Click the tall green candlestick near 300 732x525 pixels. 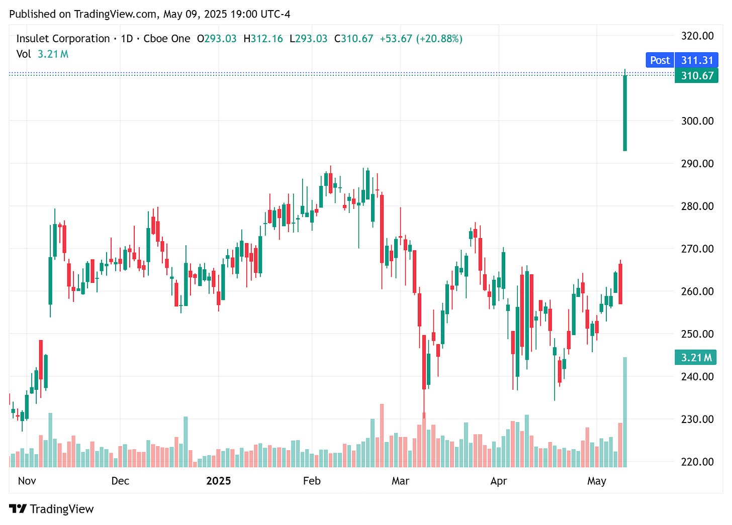(625, 113)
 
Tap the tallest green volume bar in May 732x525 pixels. (625, 412)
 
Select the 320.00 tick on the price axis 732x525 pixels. (697, 36)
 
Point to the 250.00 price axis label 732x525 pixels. (697, 334)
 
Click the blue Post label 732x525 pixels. (660, 60)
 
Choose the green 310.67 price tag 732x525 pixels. (697, 76)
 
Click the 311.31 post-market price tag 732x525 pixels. (697, 60)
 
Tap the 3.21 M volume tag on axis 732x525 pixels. (696, 358)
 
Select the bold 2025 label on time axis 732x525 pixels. (218, 481)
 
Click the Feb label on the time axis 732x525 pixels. (312, 481)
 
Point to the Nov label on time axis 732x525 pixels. (27, 481)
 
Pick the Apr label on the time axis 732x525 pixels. (498, 481)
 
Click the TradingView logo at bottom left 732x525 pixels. (51, 509)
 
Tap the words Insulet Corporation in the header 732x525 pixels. (63, 39)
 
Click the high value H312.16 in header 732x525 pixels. (263, 39)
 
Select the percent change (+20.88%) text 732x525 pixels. (439, 39)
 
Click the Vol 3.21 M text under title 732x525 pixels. (42, 54)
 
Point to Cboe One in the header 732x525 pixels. (167, 39)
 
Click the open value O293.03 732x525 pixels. (217, 39)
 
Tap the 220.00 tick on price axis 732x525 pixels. (697, 461)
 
